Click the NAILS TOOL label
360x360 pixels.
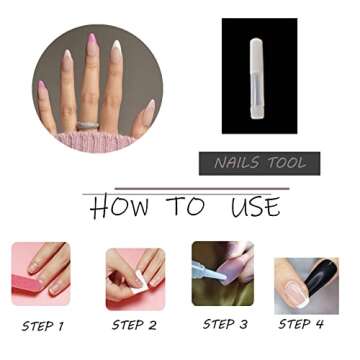259,163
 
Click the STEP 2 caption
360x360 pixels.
133,325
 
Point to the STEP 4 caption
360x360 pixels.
301,324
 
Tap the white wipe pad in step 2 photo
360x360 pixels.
137,285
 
